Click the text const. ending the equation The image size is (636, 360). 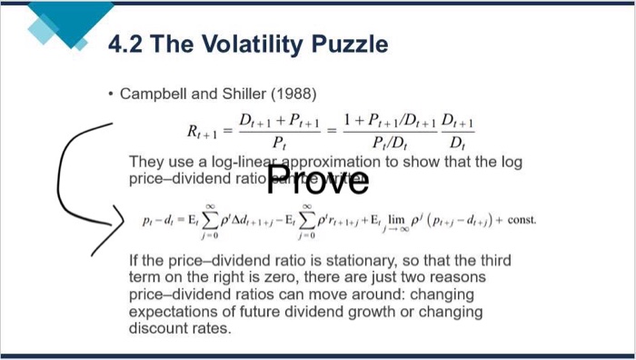pos(521,220)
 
